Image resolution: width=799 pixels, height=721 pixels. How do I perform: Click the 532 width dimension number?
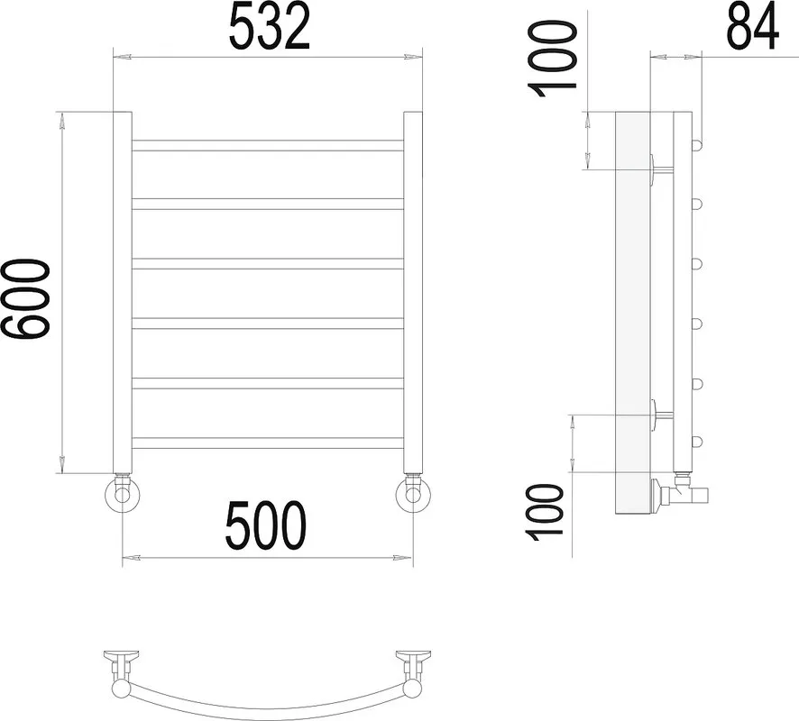(x=270, y=26)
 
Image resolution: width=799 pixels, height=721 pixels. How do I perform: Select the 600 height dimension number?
(x=25, y=299)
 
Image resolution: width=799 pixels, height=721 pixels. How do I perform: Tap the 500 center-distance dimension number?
(x=265, y=525)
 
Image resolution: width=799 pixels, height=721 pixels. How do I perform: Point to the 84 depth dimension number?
(x=752, y=26)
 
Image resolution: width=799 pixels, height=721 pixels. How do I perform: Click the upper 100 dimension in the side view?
(x=554, y=59)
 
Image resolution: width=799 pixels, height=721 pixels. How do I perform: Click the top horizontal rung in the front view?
(x=268, y=146)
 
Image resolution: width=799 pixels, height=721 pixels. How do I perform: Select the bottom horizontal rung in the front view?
(x=268, y=443)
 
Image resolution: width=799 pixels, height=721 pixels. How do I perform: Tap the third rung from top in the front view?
(x=268, y=264)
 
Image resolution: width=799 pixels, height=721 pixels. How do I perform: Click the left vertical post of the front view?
(x=123, y=293)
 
